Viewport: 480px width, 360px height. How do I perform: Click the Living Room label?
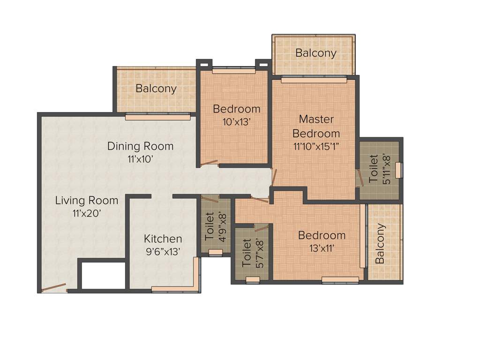(x=87, y=201)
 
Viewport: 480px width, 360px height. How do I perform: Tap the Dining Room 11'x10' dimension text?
(x=141, y=159)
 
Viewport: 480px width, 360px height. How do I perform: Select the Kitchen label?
(x=163, y=239)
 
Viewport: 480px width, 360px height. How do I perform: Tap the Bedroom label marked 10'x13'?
(x=236, y=109)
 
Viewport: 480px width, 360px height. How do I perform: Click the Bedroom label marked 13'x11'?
(x=322, y=235)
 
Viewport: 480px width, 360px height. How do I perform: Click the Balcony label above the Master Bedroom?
(x=315, y=53)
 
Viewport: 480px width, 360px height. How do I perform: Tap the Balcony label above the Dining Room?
(x=156, y=88)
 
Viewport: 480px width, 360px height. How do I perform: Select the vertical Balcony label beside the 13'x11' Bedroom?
(x=380, y=243)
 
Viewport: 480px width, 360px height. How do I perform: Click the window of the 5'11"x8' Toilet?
(x=398, y=170)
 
